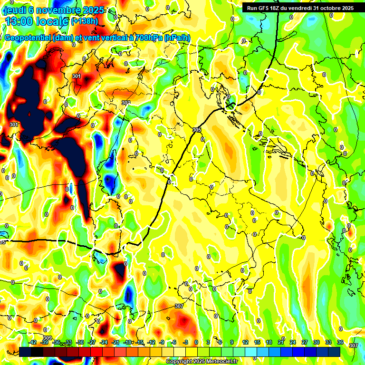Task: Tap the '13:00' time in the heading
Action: point(19,21)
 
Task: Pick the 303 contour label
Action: point(125,103)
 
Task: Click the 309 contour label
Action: point(47,338)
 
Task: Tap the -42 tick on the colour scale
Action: point(33,342)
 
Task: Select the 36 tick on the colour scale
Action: point(340,342)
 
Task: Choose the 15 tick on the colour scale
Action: point(257,342)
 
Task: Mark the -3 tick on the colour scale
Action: point(185,342)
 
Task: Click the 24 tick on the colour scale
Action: point(293,342)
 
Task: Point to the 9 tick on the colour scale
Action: point(232,342)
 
